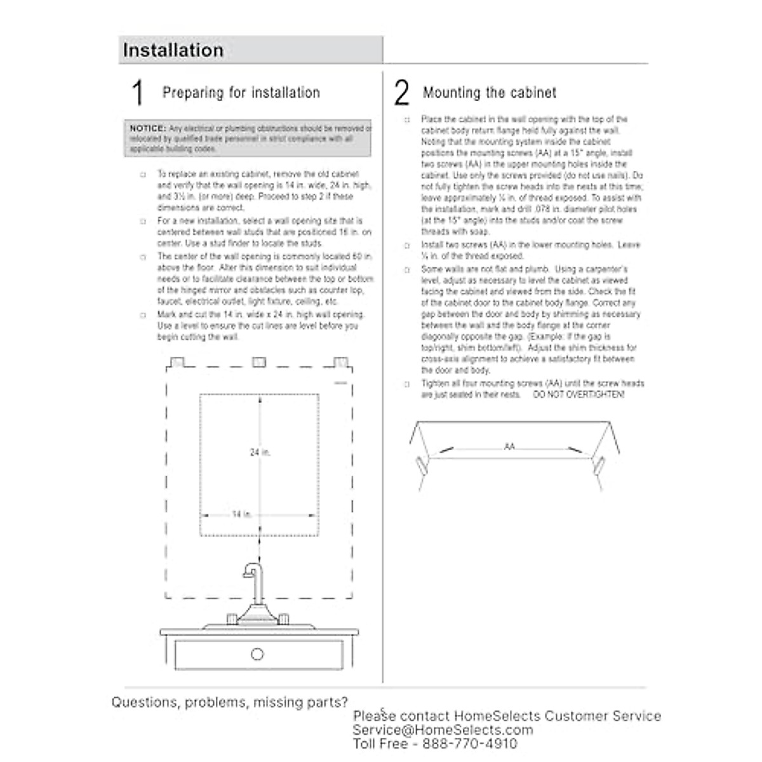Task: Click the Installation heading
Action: (173, 51)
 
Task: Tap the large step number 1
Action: (137, 93)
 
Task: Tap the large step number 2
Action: (401, 93)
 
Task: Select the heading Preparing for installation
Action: (241, 93)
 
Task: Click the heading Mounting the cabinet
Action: (490, 93)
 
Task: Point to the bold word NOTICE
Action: (148, 128)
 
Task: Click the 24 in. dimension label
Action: (260, 453)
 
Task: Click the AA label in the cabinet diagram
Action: (509, 447)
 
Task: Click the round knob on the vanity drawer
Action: (257, 654)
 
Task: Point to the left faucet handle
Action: (232, 618)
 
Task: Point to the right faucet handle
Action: (283, 618)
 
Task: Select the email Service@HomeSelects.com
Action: (443, 730)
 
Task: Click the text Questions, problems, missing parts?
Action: (230, 702)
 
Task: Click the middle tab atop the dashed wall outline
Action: (258, 362)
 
